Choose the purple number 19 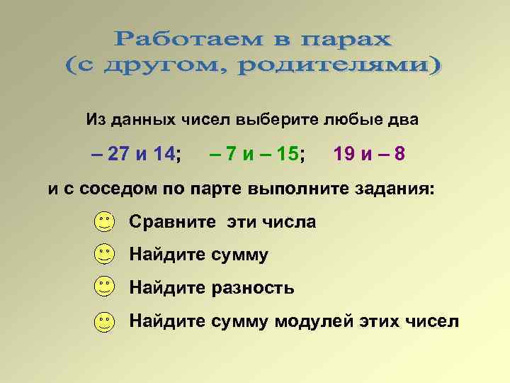(x=345, y=154)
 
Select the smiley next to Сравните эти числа (x=104, y=222)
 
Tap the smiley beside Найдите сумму (x=104, y=254)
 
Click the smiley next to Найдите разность (x=104, y=287)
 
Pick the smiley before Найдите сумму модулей (x=104, y=321)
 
